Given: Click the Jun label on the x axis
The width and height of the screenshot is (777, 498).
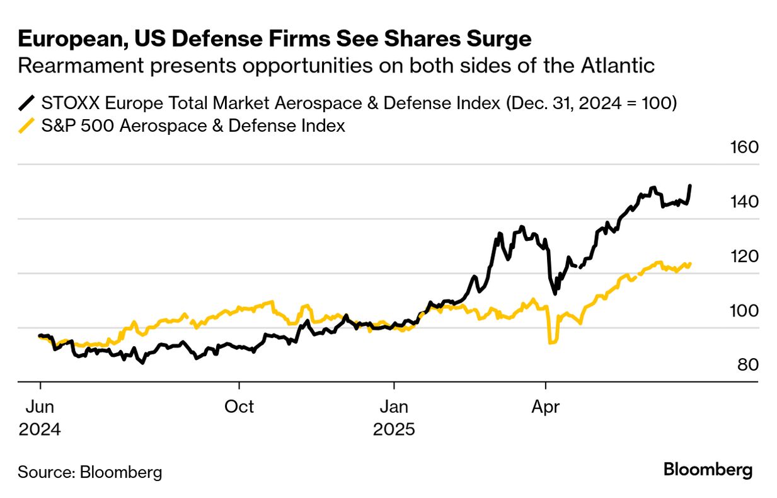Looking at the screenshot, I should click(x=40, y=407).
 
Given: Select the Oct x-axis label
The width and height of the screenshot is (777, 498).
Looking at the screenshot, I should click(x=239, y=407).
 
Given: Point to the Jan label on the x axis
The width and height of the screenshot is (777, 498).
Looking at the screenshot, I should click(x=394, y=407).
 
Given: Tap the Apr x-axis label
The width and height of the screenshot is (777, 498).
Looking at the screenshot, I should click(x=546, y=407).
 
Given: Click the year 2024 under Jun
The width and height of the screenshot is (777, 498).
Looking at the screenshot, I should click(x=40, y=430).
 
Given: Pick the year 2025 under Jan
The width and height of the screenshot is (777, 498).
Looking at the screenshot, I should click(x=394, y=430).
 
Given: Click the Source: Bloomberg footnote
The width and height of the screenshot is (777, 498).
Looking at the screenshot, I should click(x=89, y=472).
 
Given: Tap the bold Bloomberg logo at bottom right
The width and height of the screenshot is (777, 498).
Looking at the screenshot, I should click(x=708, y=470).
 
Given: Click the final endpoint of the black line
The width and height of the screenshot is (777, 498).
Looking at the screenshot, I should click(x=690, y=186).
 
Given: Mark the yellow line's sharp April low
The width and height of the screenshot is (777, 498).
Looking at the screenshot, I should click(x=551, y=342).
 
